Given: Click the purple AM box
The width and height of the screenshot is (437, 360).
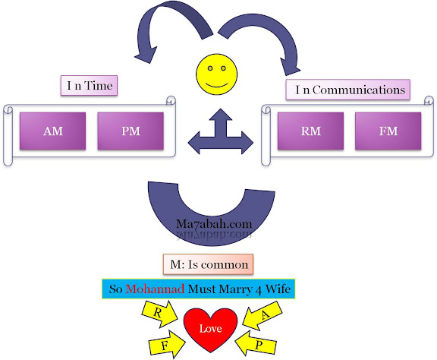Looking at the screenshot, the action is click(52, 131).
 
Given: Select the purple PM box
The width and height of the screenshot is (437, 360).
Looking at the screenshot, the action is click(130, 131).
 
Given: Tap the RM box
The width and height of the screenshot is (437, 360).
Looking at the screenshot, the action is click(310, 131).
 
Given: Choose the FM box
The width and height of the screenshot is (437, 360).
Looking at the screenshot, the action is click(388, 131).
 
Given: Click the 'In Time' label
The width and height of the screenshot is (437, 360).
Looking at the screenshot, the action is click(90, 85).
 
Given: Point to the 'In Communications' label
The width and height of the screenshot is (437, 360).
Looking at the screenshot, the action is click(347, 90).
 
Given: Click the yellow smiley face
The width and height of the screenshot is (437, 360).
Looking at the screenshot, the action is click(216, 74).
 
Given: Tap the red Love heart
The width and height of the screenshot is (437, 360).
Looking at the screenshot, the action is click(210, 330).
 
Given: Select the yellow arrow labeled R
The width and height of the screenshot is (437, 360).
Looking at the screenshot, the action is click(159, 314).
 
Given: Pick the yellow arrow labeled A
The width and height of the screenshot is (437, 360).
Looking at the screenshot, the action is click(263, 315).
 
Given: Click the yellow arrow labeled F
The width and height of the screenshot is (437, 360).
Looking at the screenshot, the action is click(167, 344).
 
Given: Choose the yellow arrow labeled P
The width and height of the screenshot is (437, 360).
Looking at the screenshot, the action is click(256, 344).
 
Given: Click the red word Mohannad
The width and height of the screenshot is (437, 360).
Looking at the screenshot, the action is click(155, 289).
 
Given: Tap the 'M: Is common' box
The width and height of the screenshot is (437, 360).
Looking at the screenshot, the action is click(208, 264).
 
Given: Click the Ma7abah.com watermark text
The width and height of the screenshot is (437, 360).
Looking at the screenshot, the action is click(214, 224).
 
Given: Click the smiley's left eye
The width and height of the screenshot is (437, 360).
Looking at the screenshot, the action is click(210, 68).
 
